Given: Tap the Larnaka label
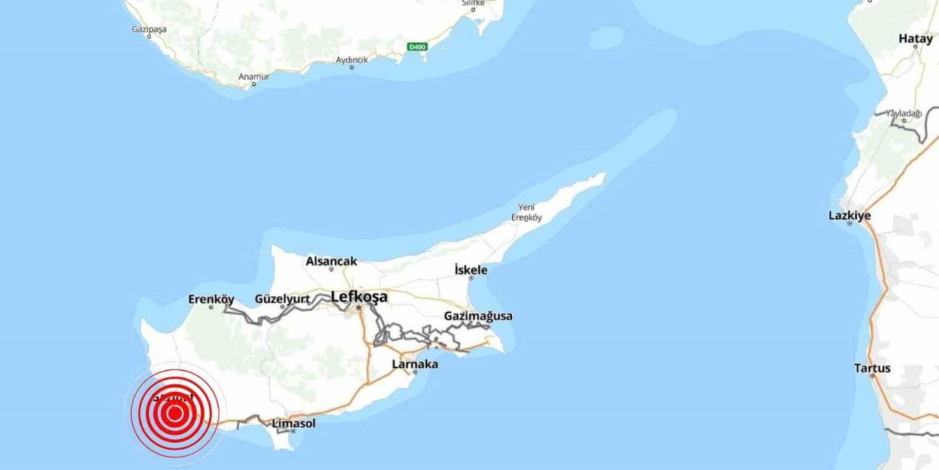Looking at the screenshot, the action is click(415, 364).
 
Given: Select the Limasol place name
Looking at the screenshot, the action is click(293, 423).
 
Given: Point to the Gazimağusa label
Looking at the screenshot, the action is click(478, 316).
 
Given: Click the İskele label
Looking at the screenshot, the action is click(471, 270).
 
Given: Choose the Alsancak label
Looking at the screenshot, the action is click(332, 261).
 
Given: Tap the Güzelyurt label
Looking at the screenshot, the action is click(282, 299).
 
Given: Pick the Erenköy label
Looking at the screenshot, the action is click(211, 299).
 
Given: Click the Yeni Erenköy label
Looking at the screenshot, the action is click(526, 212).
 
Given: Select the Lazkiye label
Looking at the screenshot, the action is click(850, 215).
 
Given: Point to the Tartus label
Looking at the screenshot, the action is click(872, 368).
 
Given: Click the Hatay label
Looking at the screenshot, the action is click(916, 39).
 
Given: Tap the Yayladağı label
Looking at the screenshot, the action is click(902, 113).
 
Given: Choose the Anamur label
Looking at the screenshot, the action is click(254, 76).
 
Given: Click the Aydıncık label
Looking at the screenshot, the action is click(351, 60).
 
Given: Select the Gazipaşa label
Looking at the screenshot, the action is click(149, 29).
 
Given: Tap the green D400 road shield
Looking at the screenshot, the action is click(417, 47).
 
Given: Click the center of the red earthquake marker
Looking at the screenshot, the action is click(175, 413).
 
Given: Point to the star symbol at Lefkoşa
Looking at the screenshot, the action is click(359, 308).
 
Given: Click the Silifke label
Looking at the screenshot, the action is click(472, 4).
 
